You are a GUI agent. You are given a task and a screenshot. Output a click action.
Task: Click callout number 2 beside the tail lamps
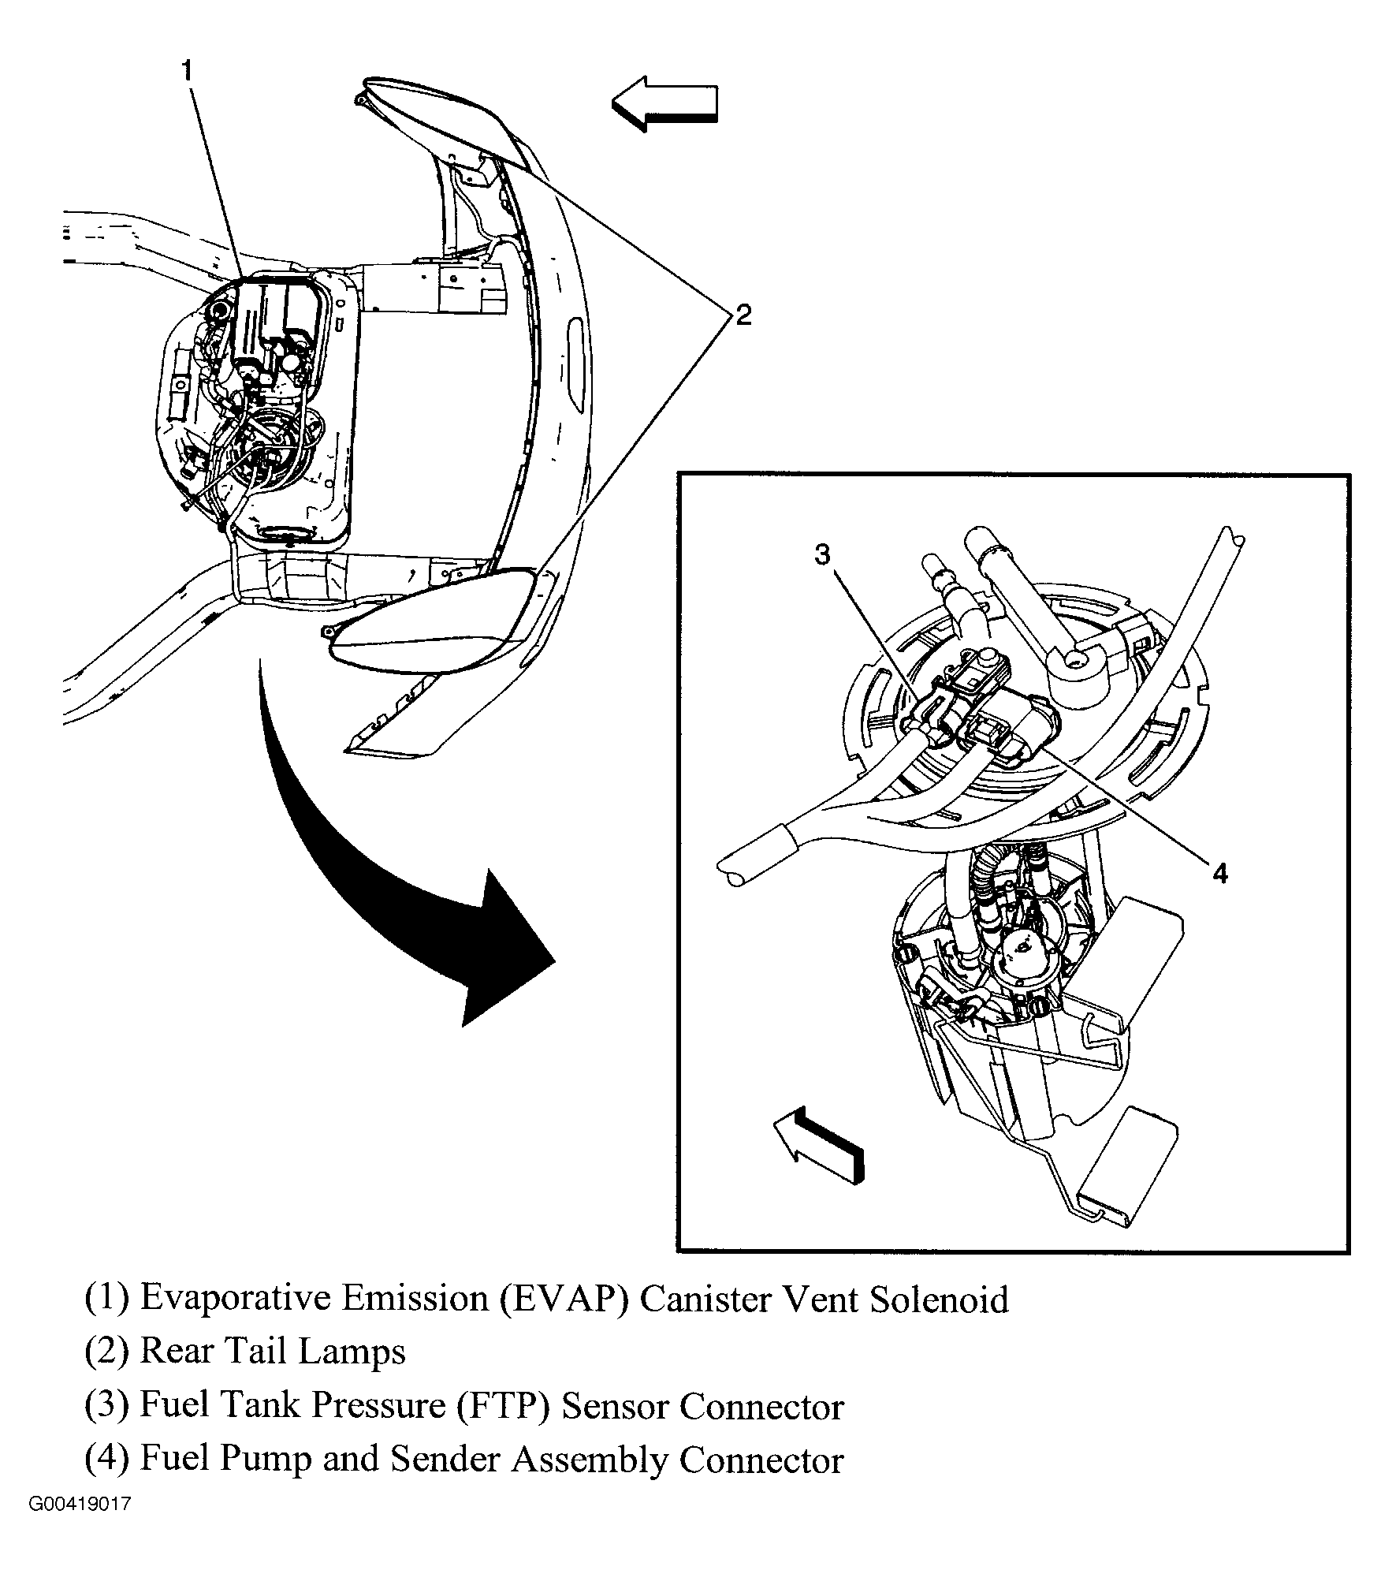(743, 315)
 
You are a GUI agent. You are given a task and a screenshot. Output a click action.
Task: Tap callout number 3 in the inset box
(822, 555)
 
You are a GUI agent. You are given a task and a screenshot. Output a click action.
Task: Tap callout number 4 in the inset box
(1219, 873)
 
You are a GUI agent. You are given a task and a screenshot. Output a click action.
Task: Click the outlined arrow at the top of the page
(664, 103)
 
